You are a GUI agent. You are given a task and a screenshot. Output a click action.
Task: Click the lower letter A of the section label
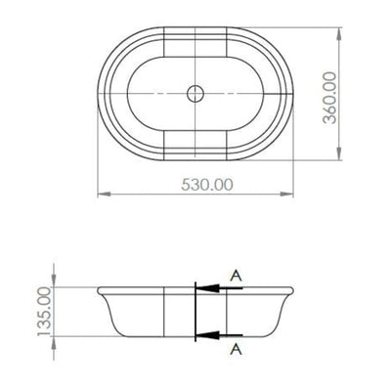(x=235, y=348)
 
